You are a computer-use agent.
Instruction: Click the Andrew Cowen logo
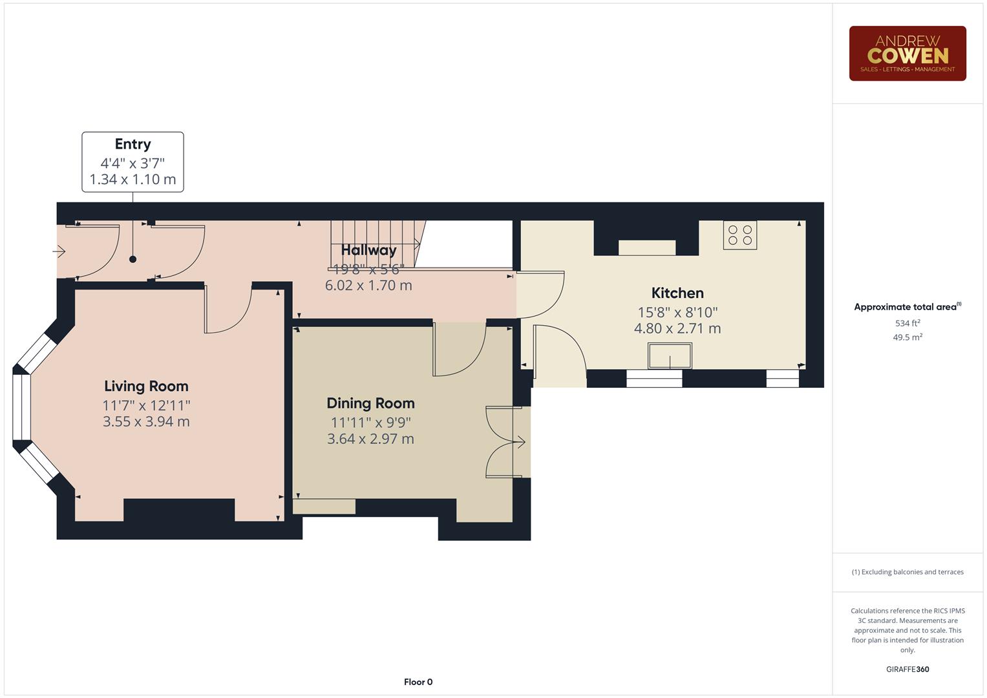point(907,54)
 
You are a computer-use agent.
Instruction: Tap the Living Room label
point(146,386)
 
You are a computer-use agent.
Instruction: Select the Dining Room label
point(370,403)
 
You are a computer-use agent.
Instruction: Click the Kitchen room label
point(677,293)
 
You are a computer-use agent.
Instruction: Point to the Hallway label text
point(368,250)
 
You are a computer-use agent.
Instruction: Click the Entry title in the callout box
point(133,144)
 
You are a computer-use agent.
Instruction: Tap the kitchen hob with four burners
point(739,235)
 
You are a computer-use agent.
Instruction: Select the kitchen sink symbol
point(670,356)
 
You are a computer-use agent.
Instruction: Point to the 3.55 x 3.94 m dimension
point(146,422)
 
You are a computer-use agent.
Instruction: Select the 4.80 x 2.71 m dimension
point(677,328)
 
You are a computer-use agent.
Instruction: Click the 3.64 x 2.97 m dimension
point(370,439)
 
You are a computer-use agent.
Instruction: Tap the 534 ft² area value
point(907,323)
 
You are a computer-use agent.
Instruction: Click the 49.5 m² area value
point(907,337)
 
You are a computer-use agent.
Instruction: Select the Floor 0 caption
point(418,682)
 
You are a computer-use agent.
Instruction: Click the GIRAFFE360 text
point(907,670)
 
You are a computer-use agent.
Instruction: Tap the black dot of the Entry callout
point(133,259)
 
